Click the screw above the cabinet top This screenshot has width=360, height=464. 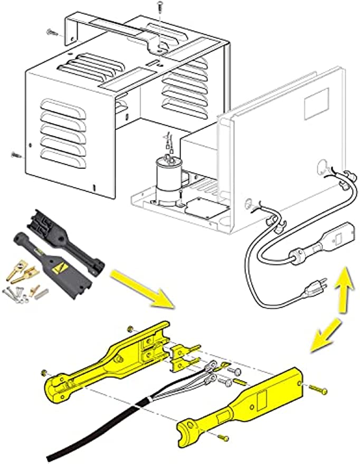[159, 8]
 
